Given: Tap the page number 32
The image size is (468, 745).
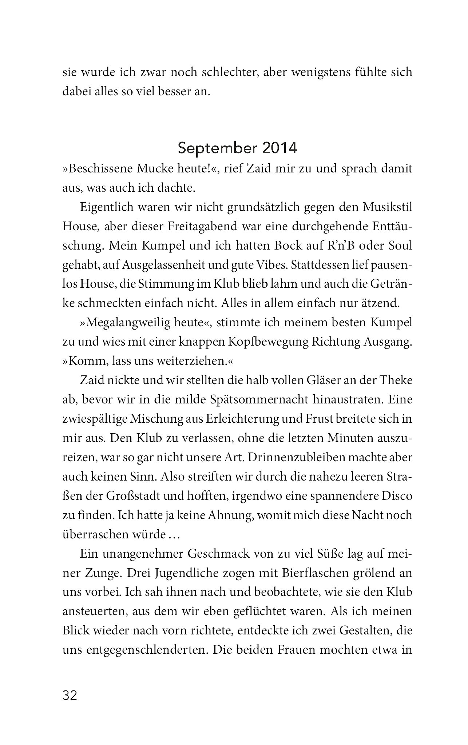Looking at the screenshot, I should pyautogui.click(x=70, y=696).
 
